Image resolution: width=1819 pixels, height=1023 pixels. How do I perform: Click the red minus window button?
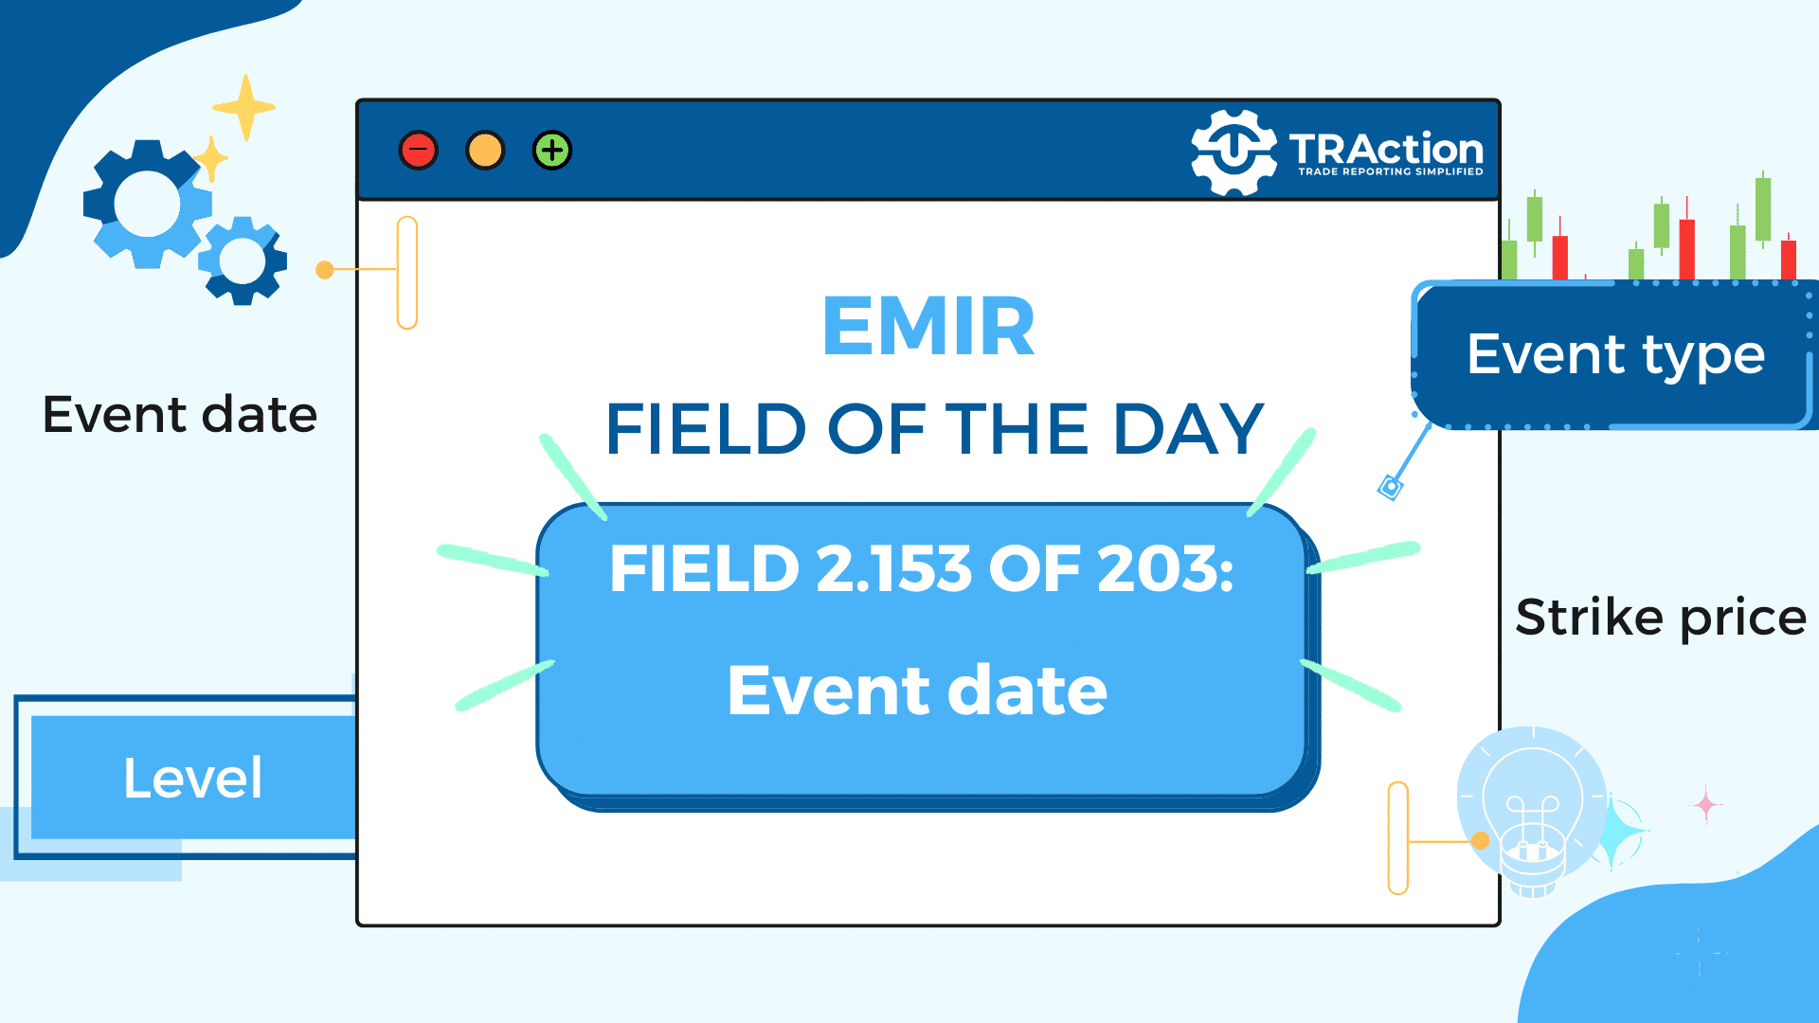tap(418, 151)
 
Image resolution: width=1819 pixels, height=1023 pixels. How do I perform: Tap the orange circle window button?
tap(485, 151)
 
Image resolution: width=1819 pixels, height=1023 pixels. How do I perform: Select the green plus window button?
tap(552, 151)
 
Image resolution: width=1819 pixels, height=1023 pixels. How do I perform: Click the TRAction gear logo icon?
tap(1234, 152)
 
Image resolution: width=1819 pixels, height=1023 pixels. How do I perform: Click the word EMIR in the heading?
tap(928, 326)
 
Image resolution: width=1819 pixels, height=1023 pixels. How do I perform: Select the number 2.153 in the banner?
tap(893, 569)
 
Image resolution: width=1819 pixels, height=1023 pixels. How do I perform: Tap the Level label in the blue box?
tap(192, 779)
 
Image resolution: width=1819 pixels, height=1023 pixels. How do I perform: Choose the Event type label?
tap(1616, 355)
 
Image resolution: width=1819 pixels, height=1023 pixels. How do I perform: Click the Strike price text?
tap(1661, 618)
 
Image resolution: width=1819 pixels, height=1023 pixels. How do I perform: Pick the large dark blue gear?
tap(147, 205)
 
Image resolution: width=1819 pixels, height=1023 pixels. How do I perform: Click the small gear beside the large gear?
tap(243, 260)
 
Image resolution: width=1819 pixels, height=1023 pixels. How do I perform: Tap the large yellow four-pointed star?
tap(245, 107)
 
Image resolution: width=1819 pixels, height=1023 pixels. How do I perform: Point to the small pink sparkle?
tap(1706, 805)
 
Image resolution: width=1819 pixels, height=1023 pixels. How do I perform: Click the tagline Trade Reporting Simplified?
tap(1390, 172)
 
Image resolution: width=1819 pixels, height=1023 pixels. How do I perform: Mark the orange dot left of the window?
tap(324, 270)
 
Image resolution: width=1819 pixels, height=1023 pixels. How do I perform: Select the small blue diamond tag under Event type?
tap(1390, 488)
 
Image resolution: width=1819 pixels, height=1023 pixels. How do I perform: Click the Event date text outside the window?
tap(180, 415)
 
